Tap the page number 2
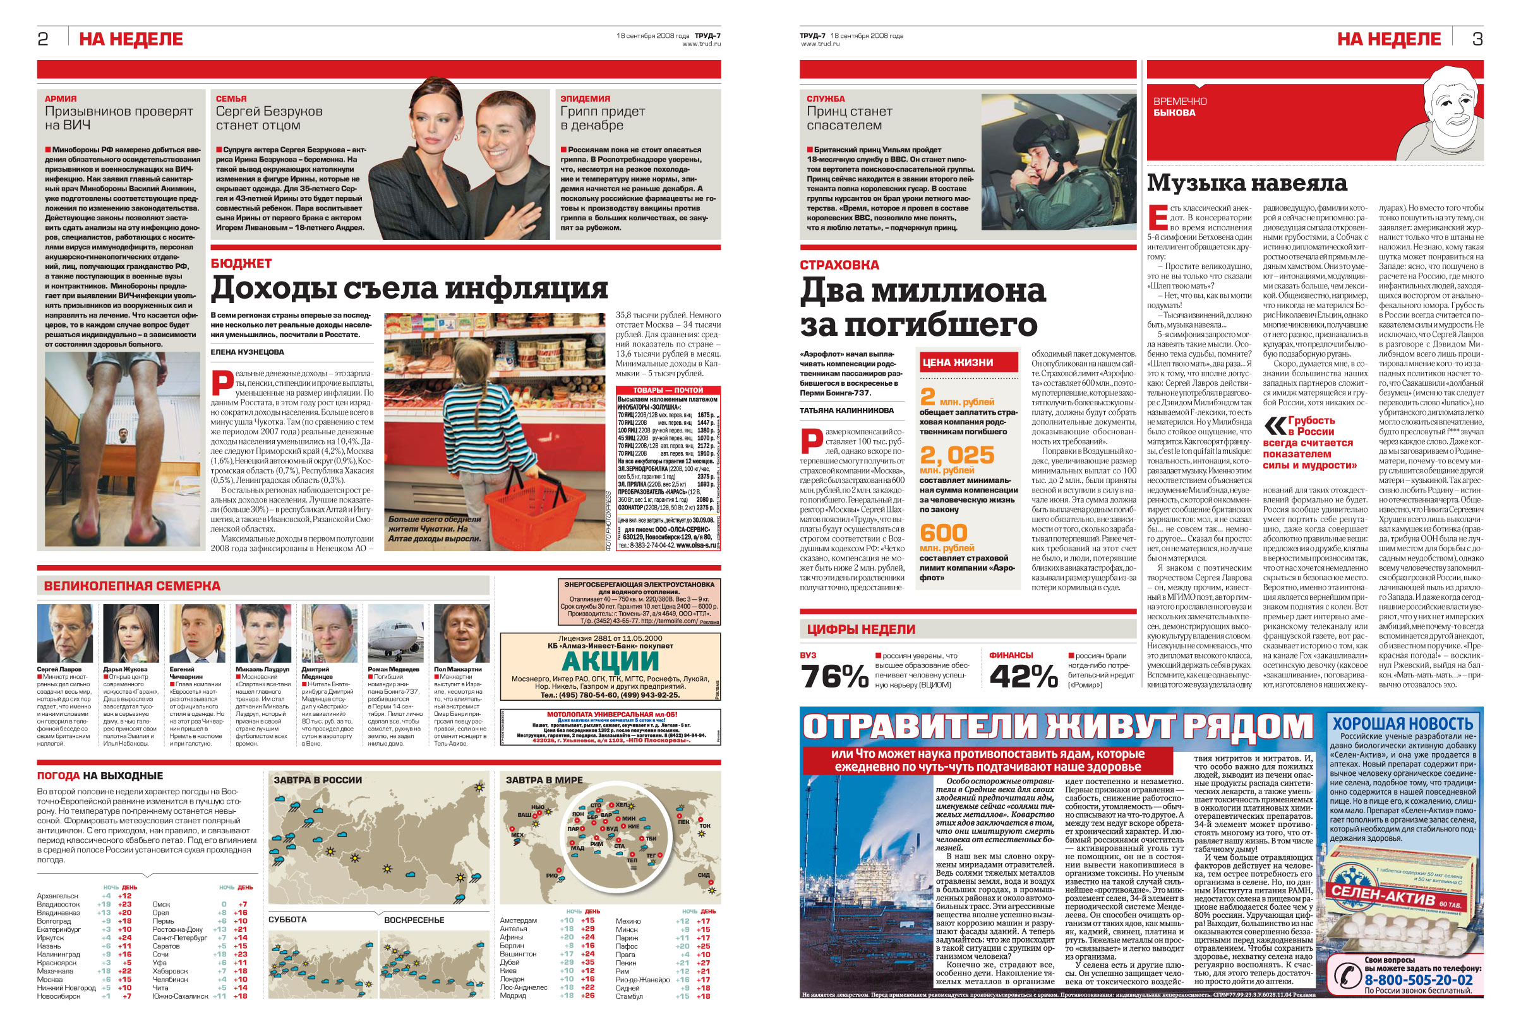point(43,39)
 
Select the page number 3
point(1477,39)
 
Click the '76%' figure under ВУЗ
point(834,677)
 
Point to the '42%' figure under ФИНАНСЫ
point(1023,677)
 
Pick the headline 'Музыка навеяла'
point(1247,183)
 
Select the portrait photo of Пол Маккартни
point(461,633)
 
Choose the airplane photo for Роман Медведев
point(395,633)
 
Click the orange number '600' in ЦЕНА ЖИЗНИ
point(943,533)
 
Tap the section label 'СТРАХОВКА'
point(839,265)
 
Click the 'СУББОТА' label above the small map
point(287,919)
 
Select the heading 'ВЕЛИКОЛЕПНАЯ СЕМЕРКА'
point(132,586)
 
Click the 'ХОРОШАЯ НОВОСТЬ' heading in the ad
point(1403,723)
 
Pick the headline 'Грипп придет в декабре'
point(602,118)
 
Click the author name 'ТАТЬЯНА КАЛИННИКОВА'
point(846,411)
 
